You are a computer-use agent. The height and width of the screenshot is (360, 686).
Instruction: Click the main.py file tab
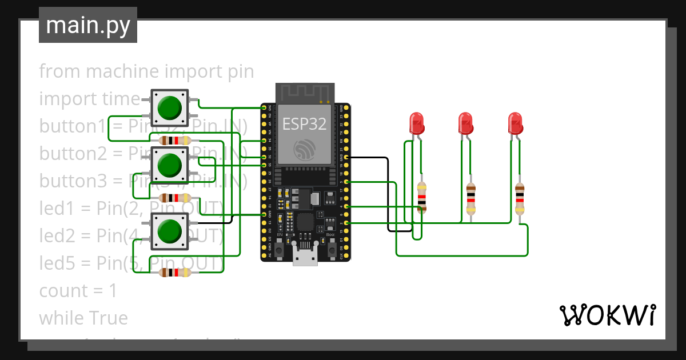coord(87,25)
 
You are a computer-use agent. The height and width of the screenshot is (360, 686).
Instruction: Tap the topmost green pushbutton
coord(169,107)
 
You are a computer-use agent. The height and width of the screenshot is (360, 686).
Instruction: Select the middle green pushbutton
coord(169,165)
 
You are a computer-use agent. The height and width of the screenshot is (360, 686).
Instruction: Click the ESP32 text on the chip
coord(304,124)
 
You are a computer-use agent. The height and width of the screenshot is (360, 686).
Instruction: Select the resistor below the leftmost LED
coord(421,197)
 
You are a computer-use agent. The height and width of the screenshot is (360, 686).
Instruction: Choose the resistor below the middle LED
coord(470,198)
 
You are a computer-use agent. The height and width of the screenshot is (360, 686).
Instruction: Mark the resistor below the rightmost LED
coord(519,198)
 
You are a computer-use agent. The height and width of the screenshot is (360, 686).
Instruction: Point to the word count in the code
coord(63,291)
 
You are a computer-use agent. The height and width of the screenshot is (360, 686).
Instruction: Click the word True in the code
coord(109,318)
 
